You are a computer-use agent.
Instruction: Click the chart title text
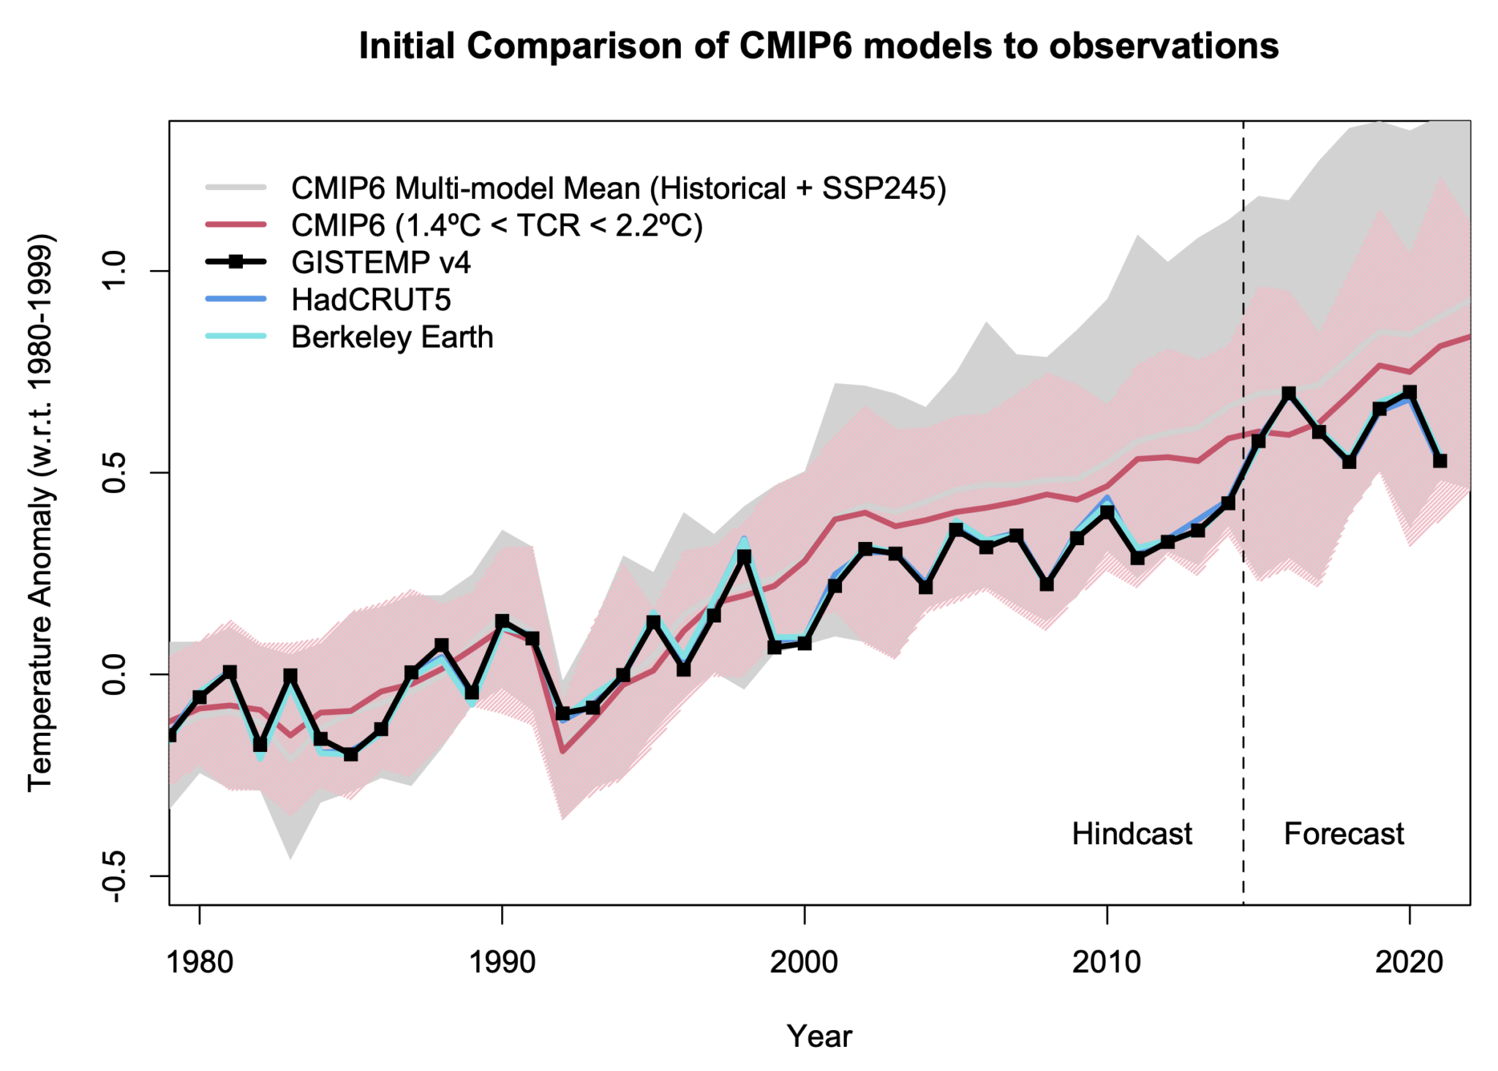click(818, 45)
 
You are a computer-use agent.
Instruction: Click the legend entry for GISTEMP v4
click(380, 263)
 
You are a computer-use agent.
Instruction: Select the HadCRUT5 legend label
click(371, 300)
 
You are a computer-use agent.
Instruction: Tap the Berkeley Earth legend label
click(392, 337)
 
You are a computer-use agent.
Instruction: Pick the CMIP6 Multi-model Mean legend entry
click(618, 188)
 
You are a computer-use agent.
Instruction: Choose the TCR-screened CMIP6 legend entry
click(497, 225)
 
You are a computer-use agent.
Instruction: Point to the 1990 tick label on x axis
click(502, 962)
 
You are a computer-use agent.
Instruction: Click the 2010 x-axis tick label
click(1107, 962)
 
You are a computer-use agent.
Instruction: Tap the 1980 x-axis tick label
click(200, 962)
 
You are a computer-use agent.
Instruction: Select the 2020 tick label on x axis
click(1409, 962)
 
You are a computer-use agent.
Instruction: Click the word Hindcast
click(1132, 833)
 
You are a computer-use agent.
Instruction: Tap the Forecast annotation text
click(1344, 833)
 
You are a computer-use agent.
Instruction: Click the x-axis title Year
click(818, 1037)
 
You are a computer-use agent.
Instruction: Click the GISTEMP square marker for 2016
click(1289, 394)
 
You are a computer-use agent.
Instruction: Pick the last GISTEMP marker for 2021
click(1439, 461)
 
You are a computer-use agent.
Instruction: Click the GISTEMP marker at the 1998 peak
click(744, 557)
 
